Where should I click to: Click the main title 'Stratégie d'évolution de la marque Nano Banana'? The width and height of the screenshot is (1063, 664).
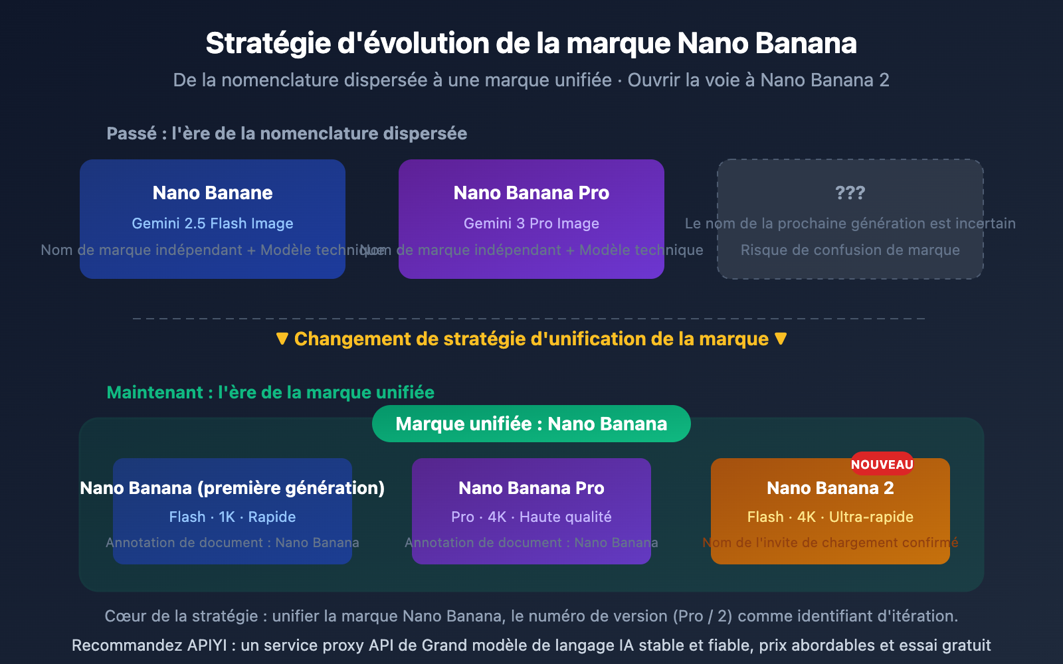(531, 44)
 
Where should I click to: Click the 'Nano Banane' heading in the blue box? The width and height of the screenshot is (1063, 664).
(213, 193)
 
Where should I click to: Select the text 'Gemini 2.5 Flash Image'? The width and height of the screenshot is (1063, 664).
(213, 224)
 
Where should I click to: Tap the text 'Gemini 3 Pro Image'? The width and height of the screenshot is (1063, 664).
(531, 224)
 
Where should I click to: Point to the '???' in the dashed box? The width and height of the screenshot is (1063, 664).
(850, 193)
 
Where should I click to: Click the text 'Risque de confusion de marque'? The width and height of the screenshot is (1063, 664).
(850, 250)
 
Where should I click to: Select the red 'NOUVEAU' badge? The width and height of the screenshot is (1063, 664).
(882, 464)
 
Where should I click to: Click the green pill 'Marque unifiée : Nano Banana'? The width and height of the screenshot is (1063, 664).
(531, 424)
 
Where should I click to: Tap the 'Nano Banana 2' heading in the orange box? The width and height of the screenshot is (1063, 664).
(830, 489)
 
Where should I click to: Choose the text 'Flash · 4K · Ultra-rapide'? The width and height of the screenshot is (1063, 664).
(830, 517)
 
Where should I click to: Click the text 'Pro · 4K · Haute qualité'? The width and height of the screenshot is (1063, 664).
(531, 517)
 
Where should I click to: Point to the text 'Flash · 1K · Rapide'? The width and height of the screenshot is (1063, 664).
(232, 517)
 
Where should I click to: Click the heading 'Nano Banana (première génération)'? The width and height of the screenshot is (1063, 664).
(232, 489)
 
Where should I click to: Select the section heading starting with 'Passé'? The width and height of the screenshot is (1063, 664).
(286, 134)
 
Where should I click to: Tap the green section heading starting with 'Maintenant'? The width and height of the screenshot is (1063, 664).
(270, 393)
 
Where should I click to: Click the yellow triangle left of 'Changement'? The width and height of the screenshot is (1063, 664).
(282, 339)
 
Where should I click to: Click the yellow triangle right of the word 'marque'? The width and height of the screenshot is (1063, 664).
(781, 339)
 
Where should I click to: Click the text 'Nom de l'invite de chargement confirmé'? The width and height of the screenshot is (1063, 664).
(830, 543)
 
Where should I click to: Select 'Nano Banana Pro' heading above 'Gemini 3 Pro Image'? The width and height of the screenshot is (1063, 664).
(531, 193)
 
